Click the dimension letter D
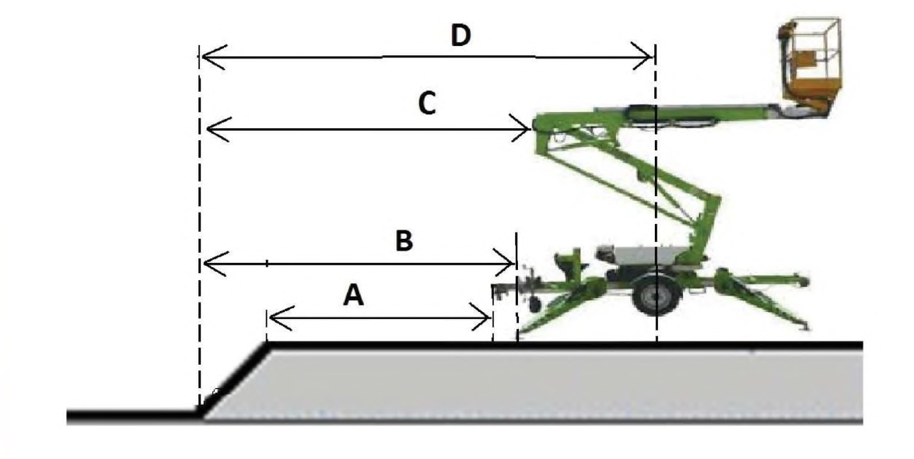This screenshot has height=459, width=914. pyautogui.click(x=461, y=36)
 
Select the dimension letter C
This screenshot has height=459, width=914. pyautogui.click(x=427, y=104)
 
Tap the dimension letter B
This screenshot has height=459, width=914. pyautogui.click(x=404, y=240)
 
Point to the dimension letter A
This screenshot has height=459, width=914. pyautogui.click(x=353, y=296)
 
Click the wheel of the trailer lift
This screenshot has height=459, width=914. pyautogui.click(x=656, y=296)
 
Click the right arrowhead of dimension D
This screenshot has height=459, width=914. pyautogui.click(x=644, y=58)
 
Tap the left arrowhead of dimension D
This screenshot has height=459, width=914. pyautogui.click(x=213, y=58)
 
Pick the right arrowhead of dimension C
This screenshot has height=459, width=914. pyautogui.click(x=520, y=128)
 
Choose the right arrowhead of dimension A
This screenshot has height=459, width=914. pyautogui.click(x=481, y=319)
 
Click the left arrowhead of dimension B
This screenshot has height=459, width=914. pyautogui.click(x=214, y=264)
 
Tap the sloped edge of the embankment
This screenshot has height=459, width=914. pyautogui.click(x=234, y=380)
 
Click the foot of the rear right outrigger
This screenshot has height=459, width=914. pyautogui.click(x=804, y=327)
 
